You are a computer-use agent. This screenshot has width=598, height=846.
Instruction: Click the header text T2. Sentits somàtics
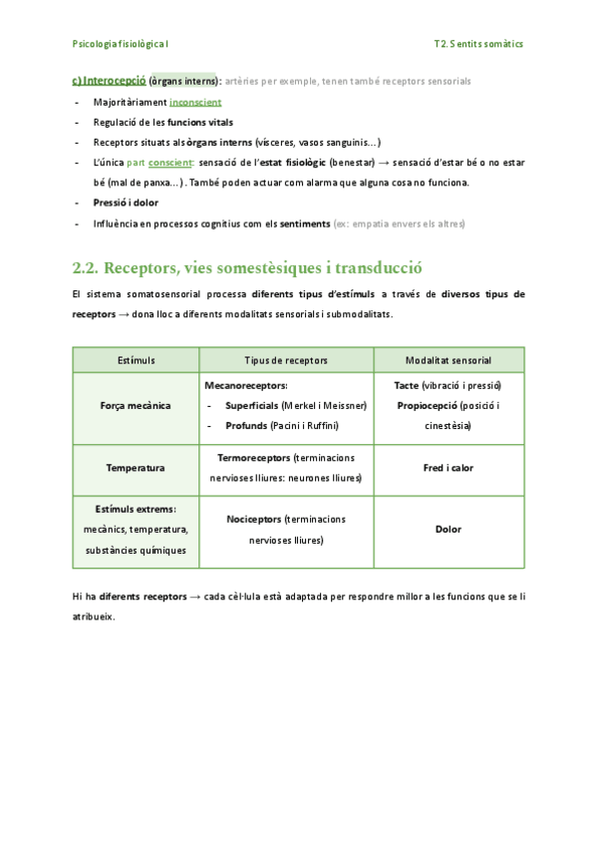click(x=478, y=44)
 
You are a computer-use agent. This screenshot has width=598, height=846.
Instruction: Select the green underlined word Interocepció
click(x=115, y=80)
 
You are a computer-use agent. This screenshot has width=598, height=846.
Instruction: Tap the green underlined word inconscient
click(x=195, y=102)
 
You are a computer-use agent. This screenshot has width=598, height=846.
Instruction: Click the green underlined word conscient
click(x=170, y=163)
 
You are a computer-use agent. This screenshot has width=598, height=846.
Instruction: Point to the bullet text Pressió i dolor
click(x=126, y=203)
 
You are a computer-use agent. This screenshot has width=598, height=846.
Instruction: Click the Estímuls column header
click(x=137, y=359)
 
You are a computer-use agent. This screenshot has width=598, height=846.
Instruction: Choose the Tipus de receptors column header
click(x=286, y=359)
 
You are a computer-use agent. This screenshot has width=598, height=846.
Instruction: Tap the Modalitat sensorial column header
click(x=448, y=359)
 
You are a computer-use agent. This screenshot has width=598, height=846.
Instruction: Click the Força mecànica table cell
click(x=137, y=406)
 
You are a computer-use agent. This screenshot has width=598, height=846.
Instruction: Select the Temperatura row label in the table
click(x=137, y=467)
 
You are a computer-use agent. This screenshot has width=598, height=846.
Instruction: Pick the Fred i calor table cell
click(x=448, y=467)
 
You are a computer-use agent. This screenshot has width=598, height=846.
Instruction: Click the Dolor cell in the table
click(x=448, y=530)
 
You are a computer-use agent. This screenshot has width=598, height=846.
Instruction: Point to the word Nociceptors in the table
click(x=254, y=520)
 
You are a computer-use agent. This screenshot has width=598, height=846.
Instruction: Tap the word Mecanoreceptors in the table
click(x=245, y=385)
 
